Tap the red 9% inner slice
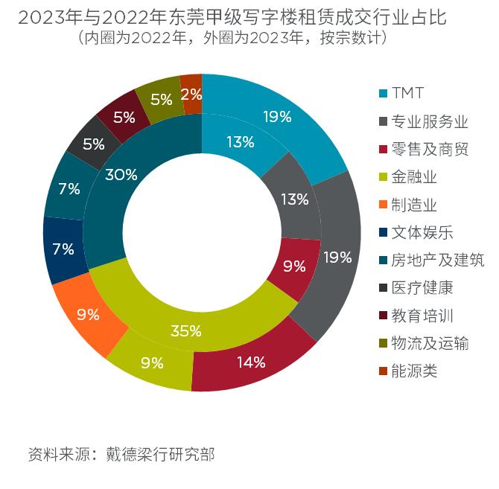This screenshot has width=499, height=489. (x=293, y=264)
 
